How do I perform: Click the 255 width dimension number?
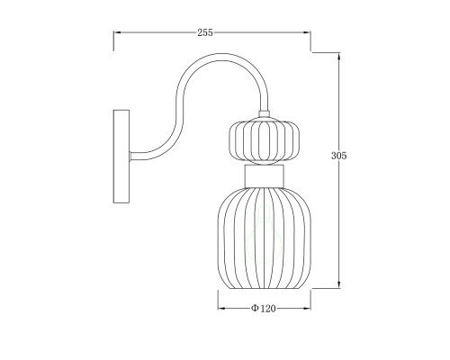pos(204,32)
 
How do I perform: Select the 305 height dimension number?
pos(339,156)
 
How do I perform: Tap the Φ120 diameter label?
pos(262,308)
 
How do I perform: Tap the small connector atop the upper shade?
pos(264,114)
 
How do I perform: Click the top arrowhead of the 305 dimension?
pos(338,53)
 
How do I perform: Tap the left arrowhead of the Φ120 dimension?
pos(221,308)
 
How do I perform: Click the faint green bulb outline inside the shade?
pos(264,225)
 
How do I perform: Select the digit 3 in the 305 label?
pos(334,156)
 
